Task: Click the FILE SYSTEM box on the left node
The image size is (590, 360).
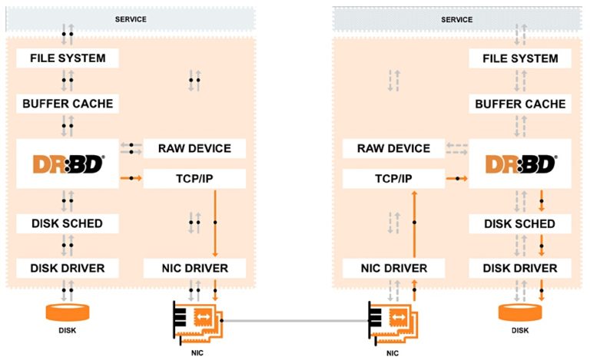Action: [68, 58]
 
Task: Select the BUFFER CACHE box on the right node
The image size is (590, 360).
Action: [519, 104]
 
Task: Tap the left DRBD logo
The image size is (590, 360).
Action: [68, 163]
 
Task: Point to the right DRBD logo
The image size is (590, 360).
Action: [519, 164]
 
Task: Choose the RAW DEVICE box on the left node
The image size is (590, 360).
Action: [194, 147]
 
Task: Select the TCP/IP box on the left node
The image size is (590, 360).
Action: [194, 179]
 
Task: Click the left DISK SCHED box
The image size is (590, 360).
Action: [68, 223]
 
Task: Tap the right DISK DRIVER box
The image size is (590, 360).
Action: [519, 268]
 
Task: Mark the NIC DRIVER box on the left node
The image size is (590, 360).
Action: [194, 268]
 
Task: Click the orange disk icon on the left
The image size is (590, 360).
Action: [68, 312]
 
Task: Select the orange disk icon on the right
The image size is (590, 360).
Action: [519, 313]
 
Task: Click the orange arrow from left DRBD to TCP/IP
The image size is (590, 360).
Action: [131, 179]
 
